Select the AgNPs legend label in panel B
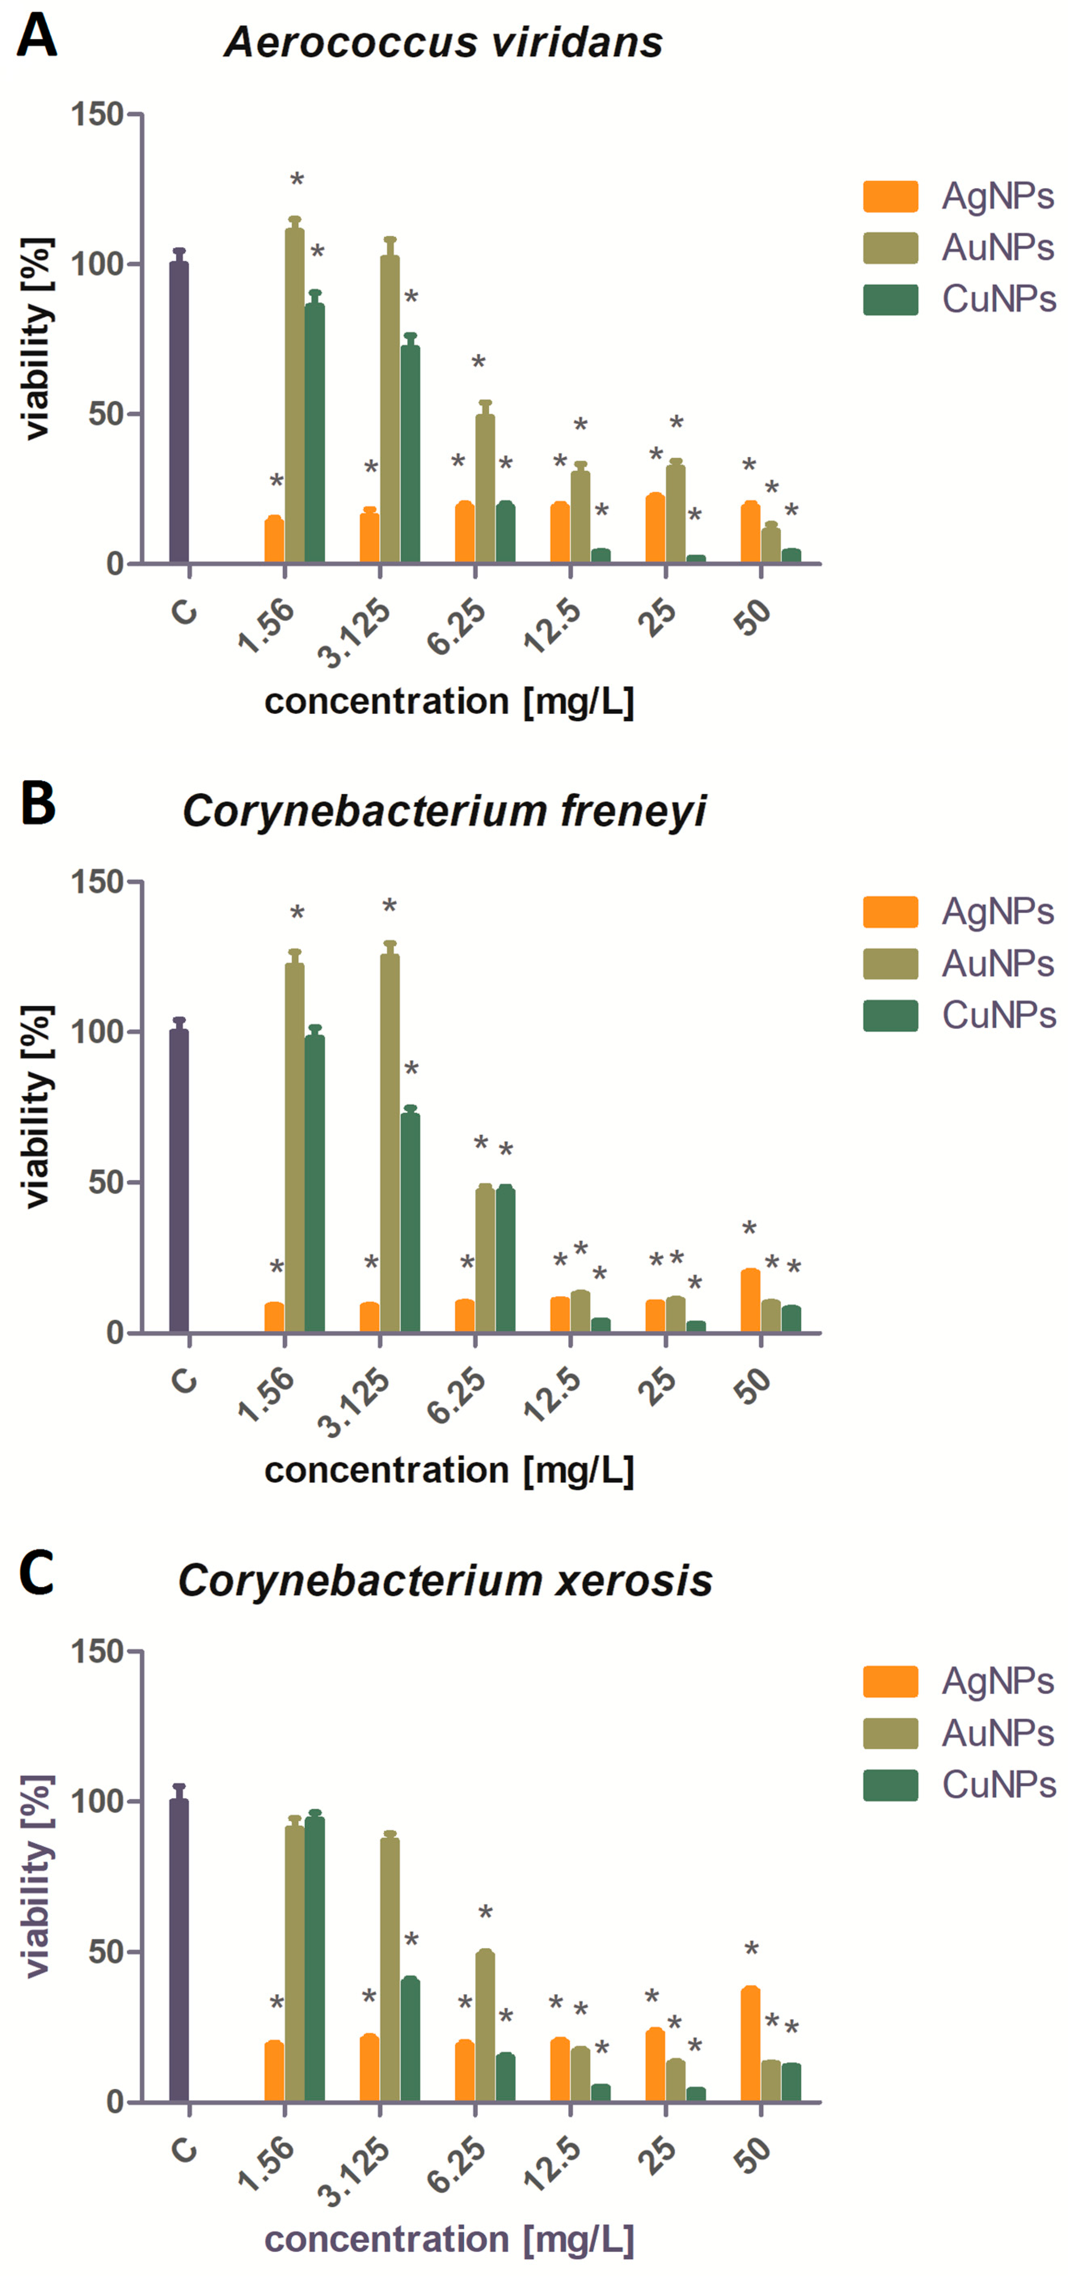[x=997, y=911]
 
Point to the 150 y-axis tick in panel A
[x=97, y=114]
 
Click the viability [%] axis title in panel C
[x=37, y=1876]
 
